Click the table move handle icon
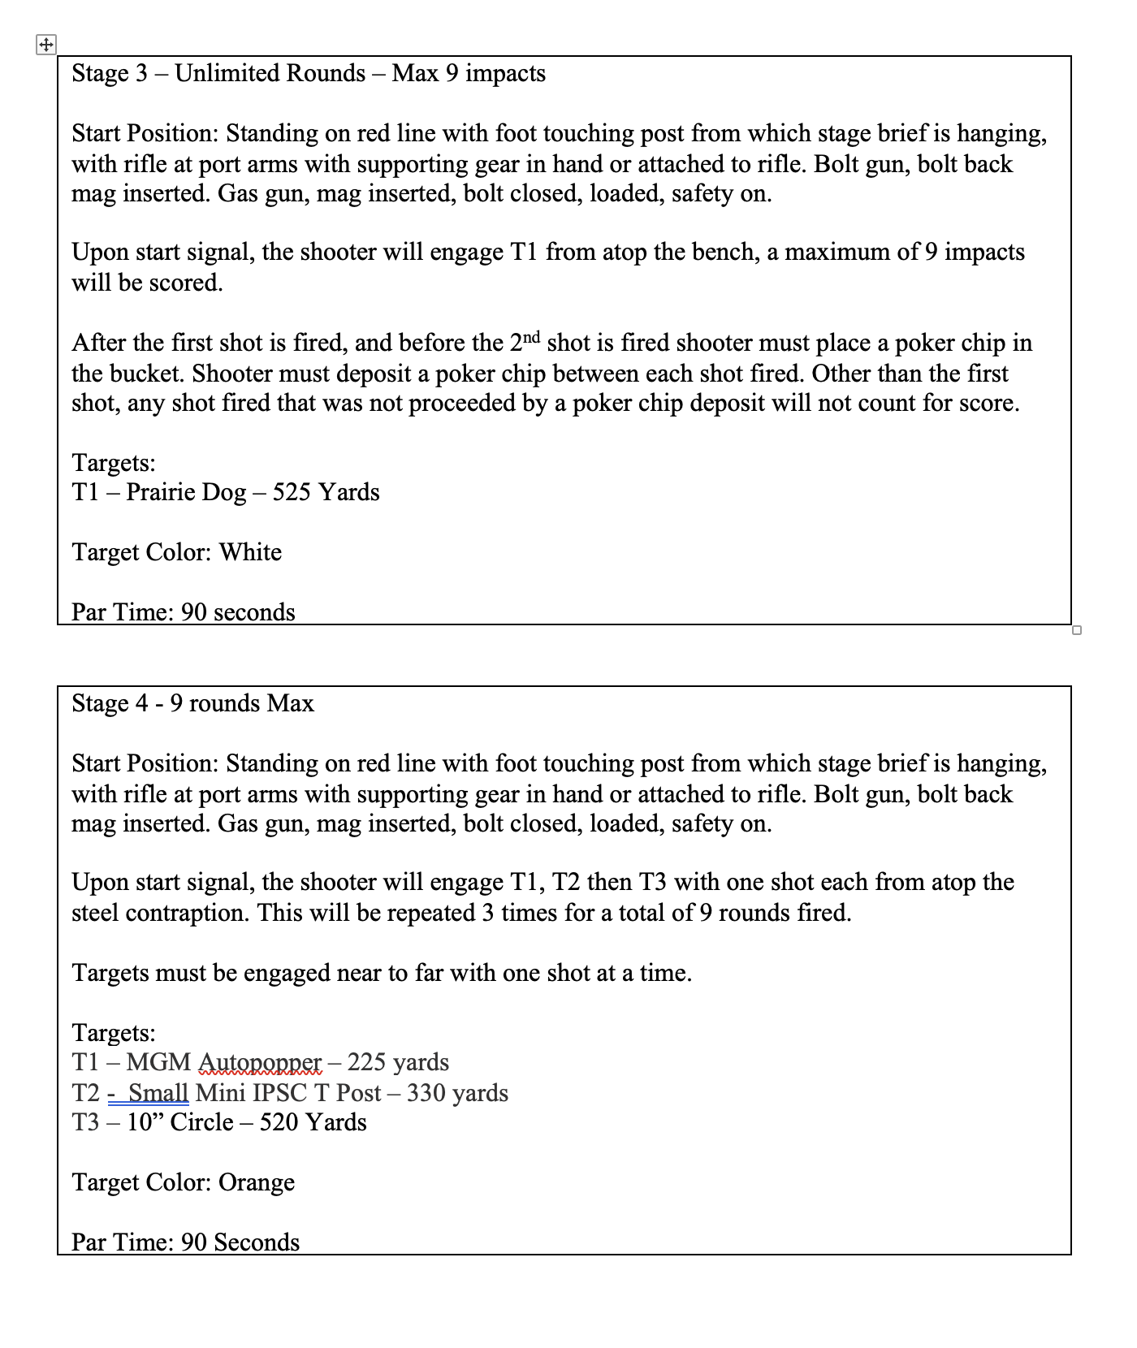point(46,45)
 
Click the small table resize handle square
point(1077,630)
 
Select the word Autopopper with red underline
point(260,1063)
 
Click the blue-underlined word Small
point(158,1093)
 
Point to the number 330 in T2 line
point(426,1093)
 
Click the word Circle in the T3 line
point(201,1123)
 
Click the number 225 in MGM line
point(366,1063)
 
